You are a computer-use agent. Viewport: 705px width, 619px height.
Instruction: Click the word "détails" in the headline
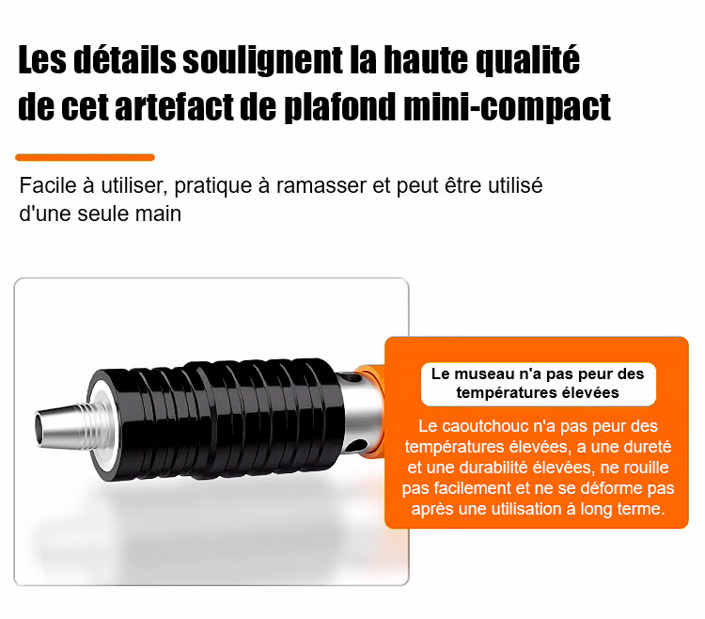point(124,59)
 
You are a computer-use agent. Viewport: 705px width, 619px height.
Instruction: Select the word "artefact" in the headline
point(175,107)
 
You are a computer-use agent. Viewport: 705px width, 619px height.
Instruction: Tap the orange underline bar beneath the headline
point(85,157)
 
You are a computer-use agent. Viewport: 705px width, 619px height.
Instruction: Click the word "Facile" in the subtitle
point(48,185)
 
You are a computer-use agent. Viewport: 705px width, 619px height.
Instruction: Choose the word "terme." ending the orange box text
point(641,509)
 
